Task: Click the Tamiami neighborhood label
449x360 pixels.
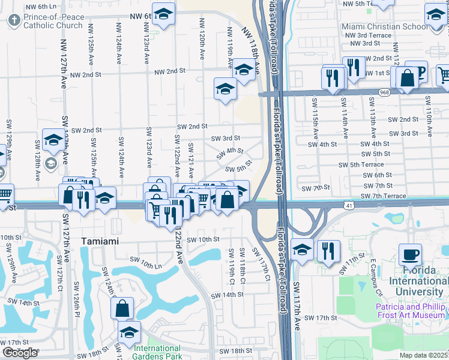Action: pos(100,241)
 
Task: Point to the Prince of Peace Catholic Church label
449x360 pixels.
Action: pos(53,21)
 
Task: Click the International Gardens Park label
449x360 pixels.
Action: pos(158,352)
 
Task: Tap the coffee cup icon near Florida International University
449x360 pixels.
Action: pos(410,254)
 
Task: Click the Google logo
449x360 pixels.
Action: pos(20,353)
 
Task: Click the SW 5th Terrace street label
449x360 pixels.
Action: pos(361,164)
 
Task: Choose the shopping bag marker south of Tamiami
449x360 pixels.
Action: pos(122,308)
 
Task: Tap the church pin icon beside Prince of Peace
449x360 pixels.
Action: pos(14,20)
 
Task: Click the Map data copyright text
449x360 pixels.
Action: pos(424,355)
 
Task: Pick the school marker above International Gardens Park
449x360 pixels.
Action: pos(129,332)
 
